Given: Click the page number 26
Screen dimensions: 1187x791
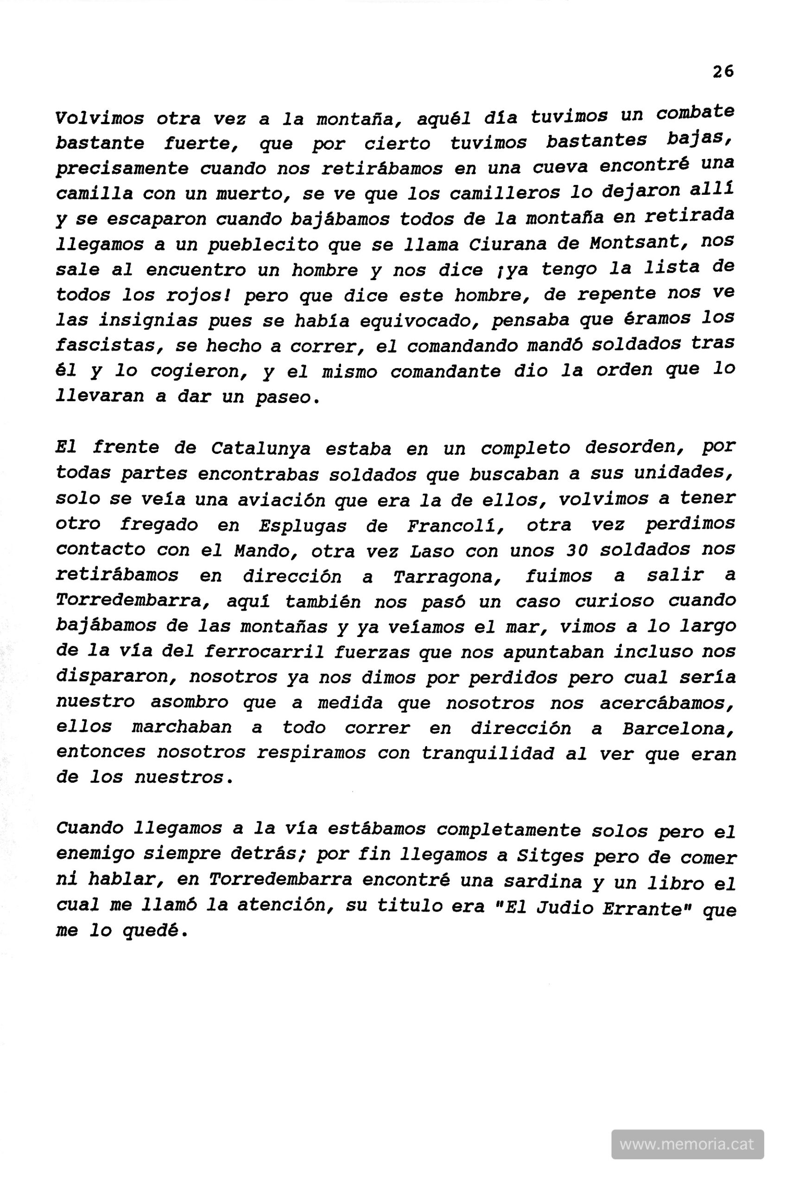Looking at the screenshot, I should point(723,72).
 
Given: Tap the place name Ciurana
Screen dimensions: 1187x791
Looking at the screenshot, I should point(508,245).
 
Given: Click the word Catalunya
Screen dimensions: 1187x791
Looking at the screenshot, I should point(261,449).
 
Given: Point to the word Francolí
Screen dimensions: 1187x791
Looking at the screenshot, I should point(456,526).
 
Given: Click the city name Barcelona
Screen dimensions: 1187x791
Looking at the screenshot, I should point(677,728).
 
